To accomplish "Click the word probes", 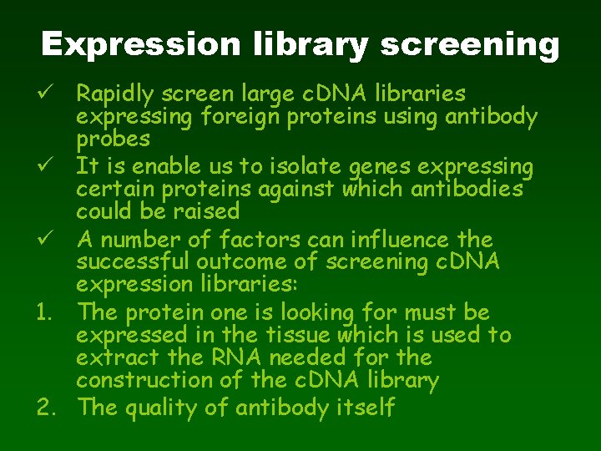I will coord(113,139).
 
